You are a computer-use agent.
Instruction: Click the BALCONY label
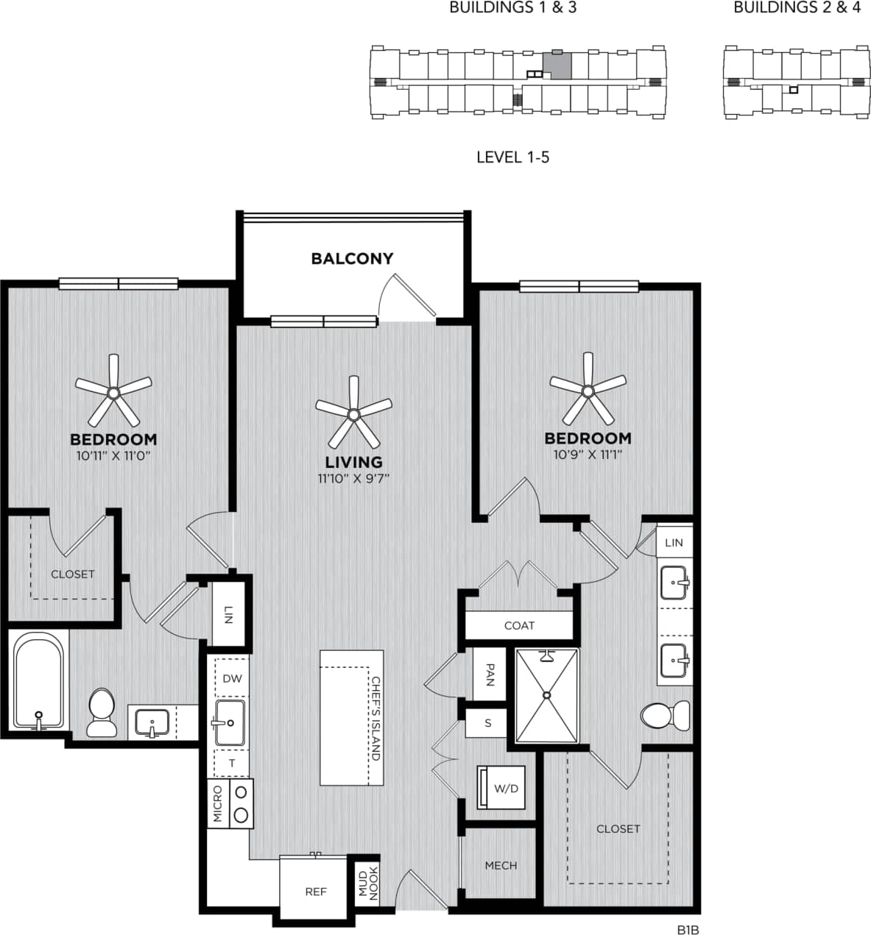352,258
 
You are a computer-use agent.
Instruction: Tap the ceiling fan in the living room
353,413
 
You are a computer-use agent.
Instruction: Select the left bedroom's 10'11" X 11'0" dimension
113,455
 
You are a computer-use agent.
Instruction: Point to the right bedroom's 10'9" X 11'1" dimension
588,455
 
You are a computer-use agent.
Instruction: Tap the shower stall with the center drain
547,695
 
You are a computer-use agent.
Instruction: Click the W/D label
506,789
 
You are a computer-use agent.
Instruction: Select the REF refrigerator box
315,891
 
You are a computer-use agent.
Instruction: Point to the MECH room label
501,866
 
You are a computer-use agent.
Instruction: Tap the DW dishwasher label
232,679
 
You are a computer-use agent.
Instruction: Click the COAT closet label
519,625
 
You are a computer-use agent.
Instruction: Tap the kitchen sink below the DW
230,722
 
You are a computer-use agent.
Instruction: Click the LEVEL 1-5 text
512,157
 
